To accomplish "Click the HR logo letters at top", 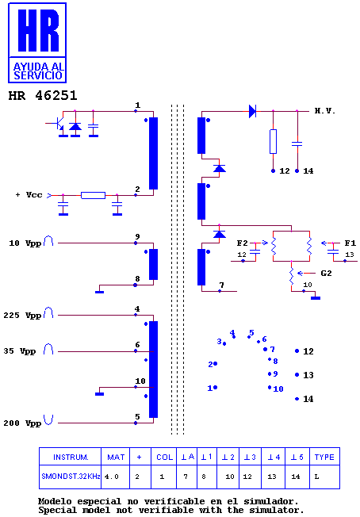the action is pyautogui.click(x=38, y=30).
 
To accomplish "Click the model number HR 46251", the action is pyautogui.click(x=43, y=96).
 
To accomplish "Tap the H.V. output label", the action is pyautogui.click(x=324, y=111).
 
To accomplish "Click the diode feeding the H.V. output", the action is pyautogui.click(x=252, y=111).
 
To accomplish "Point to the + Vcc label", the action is pyautogui.click(x=29, y=194).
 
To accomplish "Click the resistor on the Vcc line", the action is pyautogui.click(x=94, y=195).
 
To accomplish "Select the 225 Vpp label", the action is pyautogui.click(x=22, y=316).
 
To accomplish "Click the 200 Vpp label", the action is pyautogui.click(x=22, y=423).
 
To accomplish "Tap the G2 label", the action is pyautogui.click(x=326, y=273).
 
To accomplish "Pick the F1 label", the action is pyautogui.click(x=350, y=243).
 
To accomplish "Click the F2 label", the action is pyautogui.click(x=242, y=243).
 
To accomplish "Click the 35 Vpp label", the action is pyautogui.click(x=20, y=351).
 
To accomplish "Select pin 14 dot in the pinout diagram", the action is pyautogui.click(x=297, y=399).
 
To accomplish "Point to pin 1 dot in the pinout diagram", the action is pyautogui.click(x=215, y=388).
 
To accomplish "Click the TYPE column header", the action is pyautogui.click(x=324, y=457).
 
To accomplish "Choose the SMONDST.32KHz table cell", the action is pyautogui.click(x=71, y=477).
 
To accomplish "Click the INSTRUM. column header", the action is pyautogui.click(x=71, y=457).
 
